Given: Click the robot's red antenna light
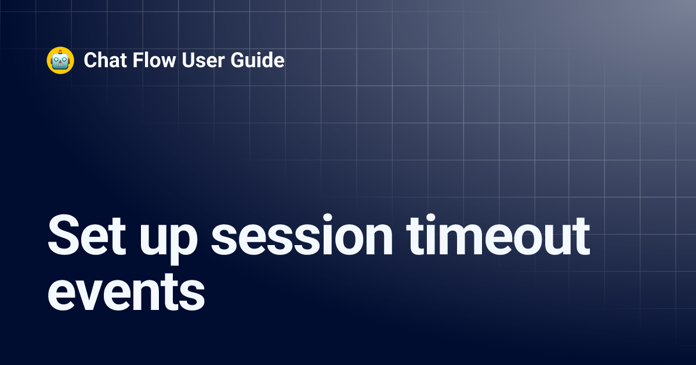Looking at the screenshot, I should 60,50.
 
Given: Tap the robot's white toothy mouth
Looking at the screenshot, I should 60,66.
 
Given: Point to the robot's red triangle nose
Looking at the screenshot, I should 60,61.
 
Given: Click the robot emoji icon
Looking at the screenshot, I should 60,60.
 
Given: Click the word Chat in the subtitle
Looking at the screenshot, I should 102,60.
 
